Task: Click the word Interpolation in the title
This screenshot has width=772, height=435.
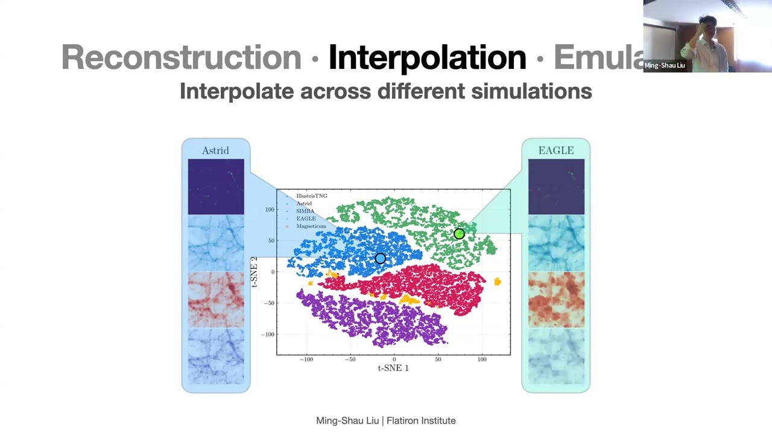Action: tap(427, 57)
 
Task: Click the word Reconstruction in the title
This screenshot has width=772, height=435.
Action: tap(181, 57)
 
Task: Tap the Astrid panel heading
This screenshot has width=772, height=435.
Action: tap(215, 150)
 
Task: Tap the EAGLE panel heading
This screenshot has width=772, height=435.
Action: tap(556, 150)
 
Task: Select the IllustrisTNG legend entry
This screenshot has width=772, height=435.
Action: tap(311, 196)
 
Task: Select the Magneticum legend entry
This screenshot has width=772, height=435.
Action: tap(311, 227)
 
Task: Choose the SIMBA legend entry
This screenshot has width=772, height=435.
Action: tap(305, 211)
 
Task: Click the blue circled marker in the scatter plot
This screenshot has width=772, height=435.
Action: tap(380, 259)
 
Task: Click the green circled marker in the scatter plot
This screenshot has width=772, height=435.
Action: tap(459, 234)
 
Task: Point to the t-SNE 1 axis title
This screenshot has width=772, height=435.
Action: tap(393, 368)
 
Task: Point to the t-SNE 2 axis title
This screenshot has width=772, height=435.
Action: tap(255, 272)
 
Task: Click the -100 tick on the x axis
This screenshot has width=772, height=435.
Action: tap(306, 359)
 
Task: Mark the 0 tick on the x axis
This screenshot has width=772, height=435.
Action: tap(394, 359)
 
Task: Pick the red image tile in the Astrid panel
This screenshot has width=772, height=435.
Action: tap(216, 300)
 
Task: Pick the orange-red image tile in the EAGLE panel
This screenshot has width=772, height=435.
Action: tap(556, 300)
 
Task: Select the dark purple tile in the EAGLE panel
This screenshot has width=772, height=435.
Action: tap(556, 187)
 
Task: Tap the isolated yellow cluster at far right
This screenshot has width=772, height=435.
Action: tap(498, 282)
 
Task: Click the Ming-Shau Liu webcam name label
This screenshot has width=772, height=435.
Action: tap(665, 65)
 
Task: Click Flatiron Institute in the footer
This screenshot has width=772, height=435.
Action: tap(421, 420)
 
